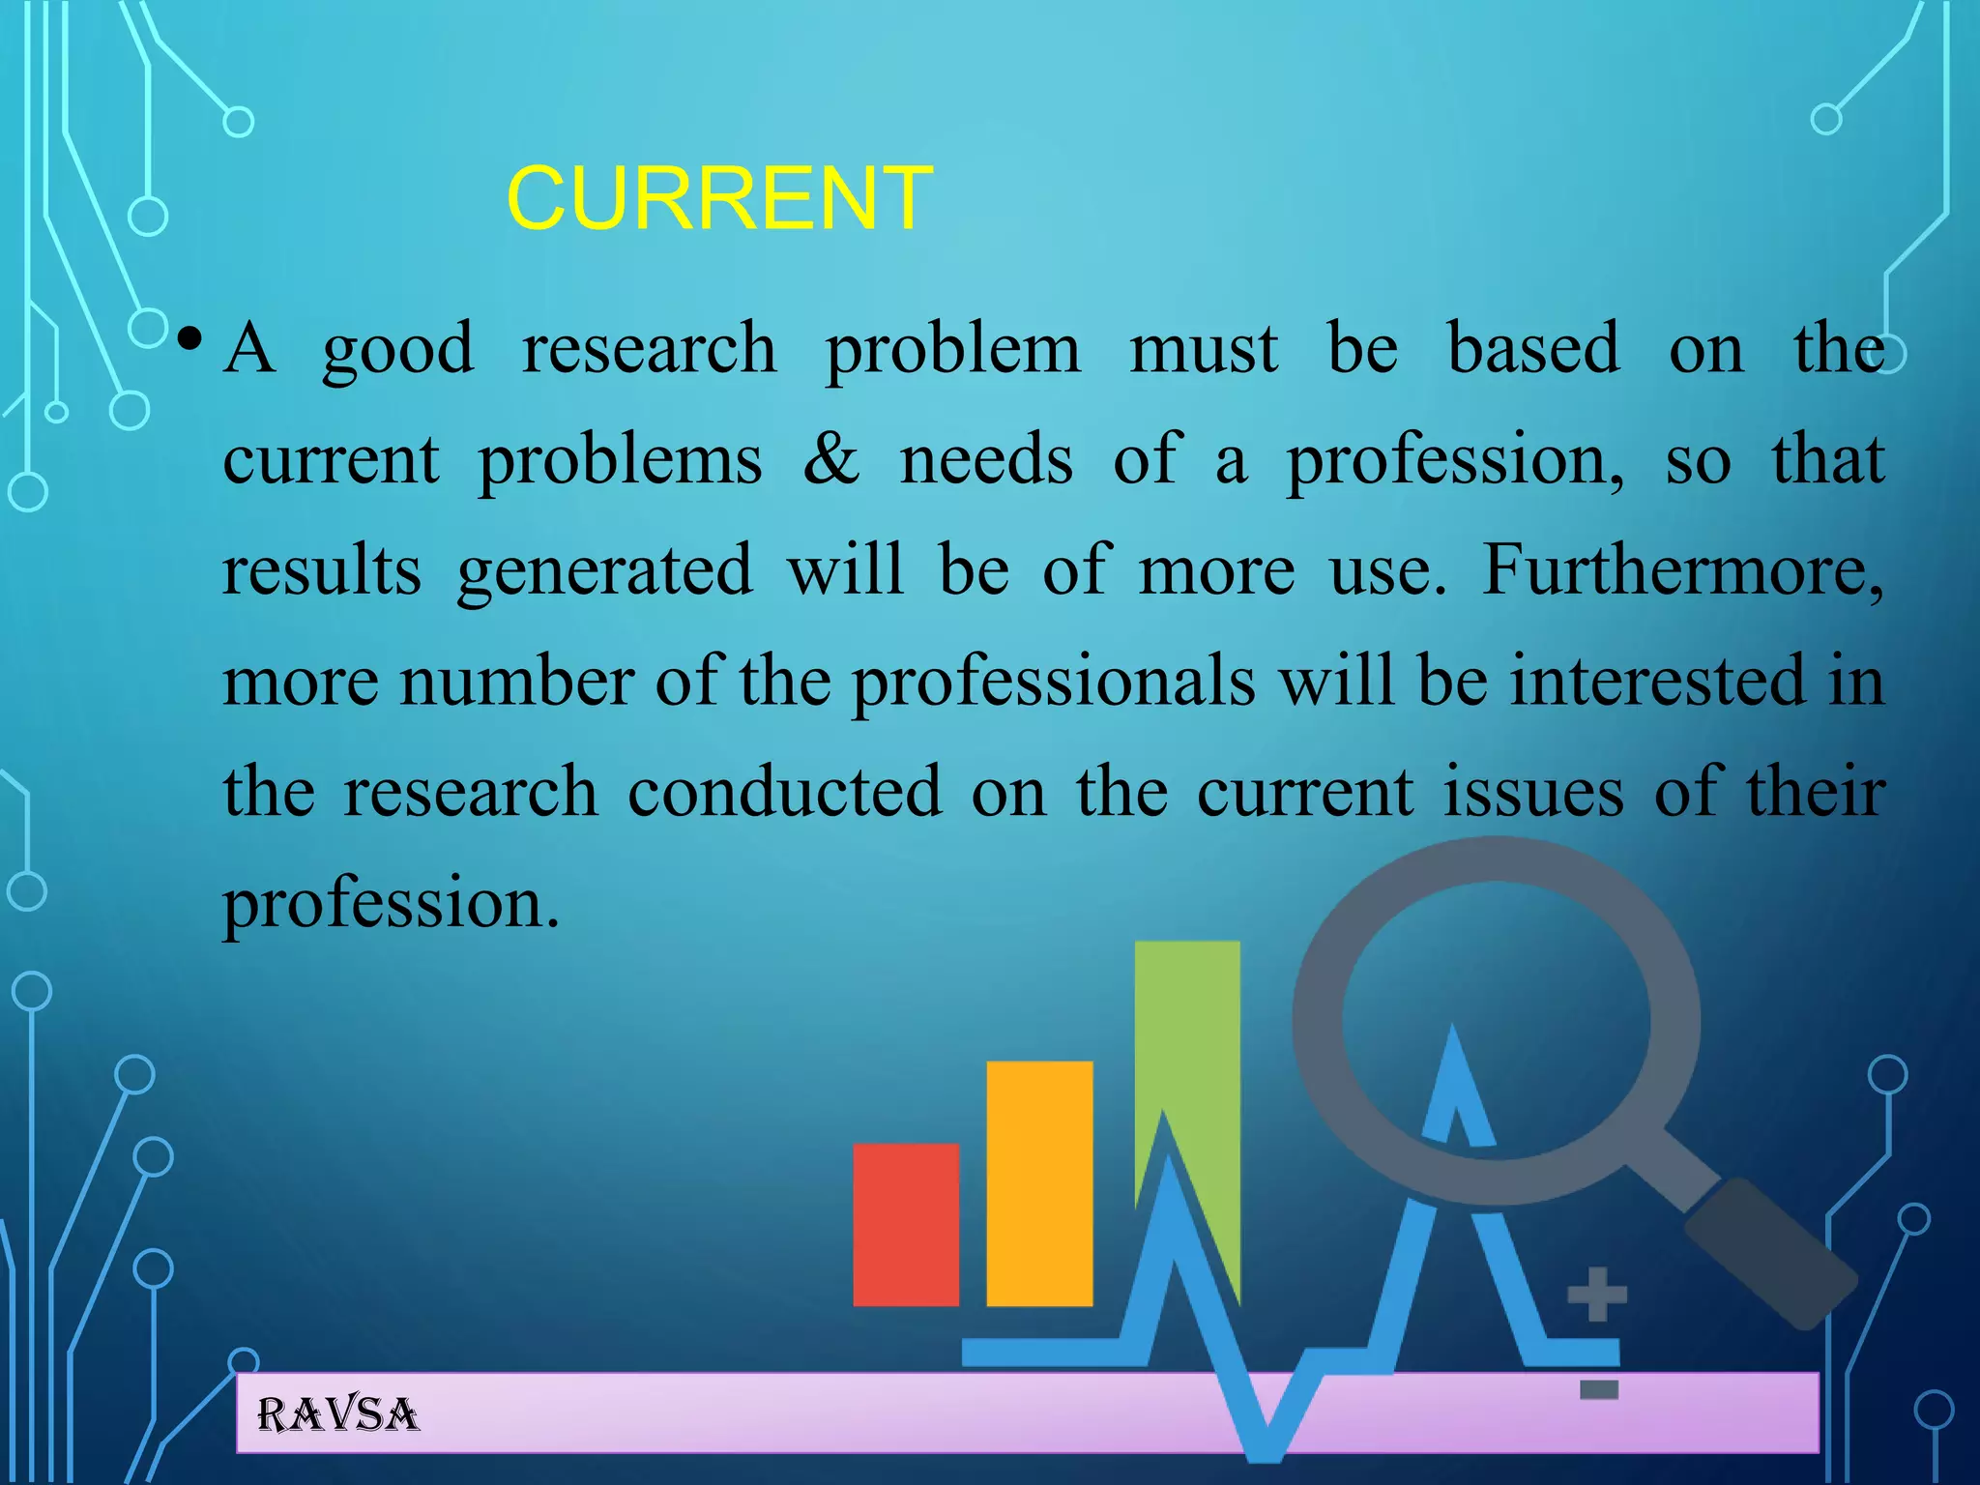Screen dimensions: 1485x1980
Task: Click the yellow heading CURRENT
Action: (x=719, y=198)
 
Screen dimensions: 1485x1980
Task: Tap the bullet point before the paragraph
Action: (x=189, y=339)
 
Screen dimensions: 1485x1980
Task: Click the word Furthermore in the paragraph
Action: (x=1682, y=570)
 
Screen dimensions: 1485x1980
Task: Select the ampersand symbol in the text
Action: (x=830, y=459)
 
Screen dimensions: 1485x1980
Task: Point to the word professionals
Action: (x=1053, y=683)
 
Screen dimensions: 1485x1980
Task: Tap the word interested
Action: (x=1657, y=681)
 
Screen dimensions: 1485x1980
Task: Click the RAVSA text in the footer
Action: (x=337, y=1415)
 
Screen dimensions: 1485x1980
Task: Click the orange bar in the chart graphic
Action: (x=1039, y=1183)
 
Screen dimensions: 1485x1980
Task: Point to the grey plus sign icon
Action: (x=1596, y=1294)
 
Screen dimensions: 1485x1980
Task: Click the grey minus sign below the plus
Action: (x=1598, y=1390)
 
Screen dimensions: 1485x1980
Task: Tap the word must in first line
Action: (x=1204, y=349)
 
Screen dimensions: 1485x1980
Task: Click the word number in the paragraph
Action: (x=516, y=683)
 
